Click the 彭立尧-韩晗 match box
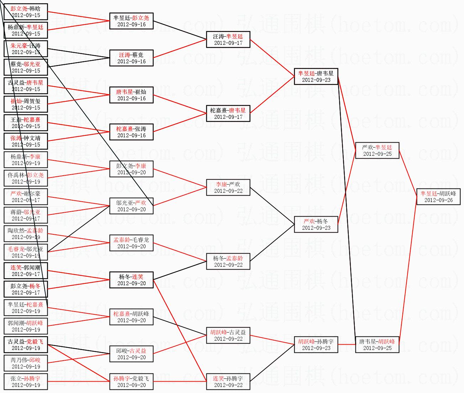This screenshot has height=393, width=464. point(26,12)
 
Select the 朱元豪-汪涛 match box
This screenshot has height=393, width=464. point(26,49)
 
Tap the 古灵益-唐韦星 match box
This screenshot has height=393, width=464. point(26,86)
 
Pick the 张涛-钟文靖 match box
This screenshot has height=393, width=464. point(26,141)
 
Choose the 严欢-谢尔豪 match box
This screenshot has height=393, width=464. point(26,197)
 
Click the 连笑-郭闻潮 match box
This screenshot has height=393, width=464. point(26,271)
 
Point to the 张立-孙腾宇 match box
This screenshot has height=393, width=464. point(26,382)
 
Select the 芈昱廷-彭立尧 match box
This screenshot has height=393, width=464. point(131,21)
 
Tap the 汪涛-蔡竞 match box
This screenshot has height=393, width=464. point(131,58)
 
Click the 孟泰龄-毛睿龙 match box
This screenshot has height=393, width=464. point(131,243)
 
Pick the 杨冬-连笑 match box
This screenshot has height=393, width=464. point(131,280)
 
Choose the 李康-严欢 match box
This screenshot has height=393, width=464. point(228,187)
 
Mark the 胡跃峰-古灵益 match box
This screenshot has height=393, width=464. point(228,335)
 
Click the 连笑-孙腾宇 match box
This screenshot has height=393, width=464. point(228,382)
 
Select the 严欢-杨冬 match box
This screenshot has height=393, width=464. point(316,224)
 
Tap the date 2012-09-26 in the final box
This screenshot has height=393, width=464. point(438,200)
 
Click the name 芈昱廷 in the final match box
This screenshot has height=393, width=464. point(429,193)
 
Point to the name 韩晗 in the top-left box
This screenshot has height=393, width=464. point(35,9)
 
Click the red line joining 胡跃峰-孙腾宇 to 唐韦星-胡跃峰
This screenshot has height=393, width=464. point(347,344)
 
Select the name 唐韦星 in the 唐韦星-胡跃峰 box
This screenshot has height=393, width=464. point(367,341)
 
